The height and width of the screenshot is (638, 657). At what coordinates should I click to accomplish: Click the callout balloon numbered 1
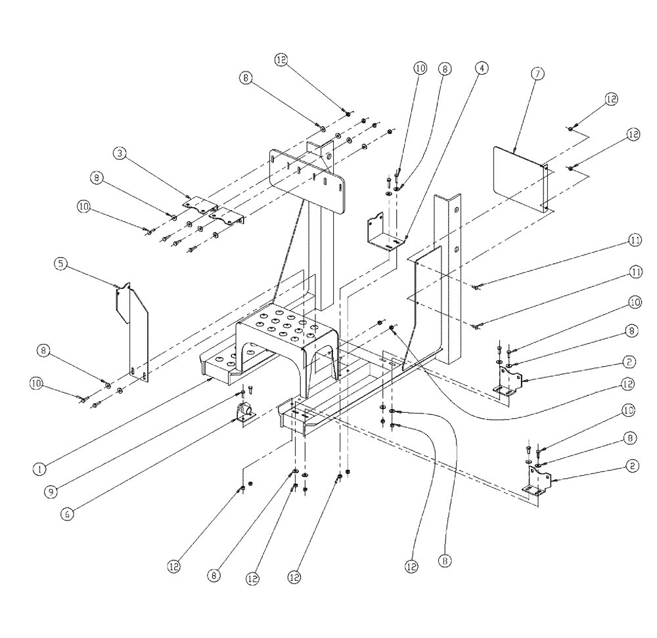pyautogui.click(x=40, y=469)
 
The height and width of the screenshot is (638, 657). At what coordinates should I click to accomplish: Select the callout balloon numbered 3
pyautogui.click(x=119, y=154)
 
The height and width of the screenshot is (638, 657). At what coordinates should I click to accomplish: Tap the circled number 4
pyautogui.click(x=482, y=68)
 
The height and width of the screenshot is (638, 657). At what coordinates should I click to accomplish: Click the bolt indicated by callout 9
pyautogui.click(x=243, y=393)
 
